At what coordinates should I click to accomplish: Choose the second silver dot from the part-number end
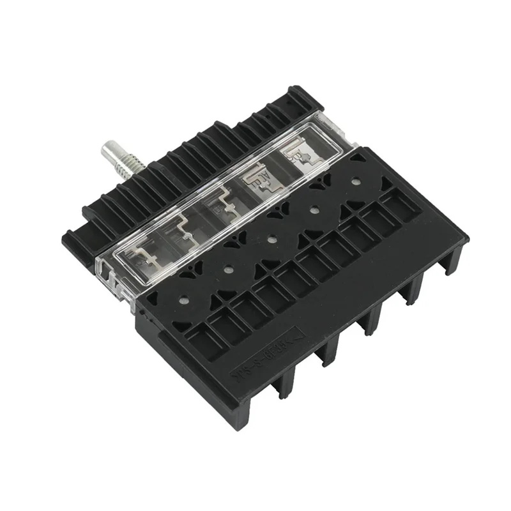pos(227,270)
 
